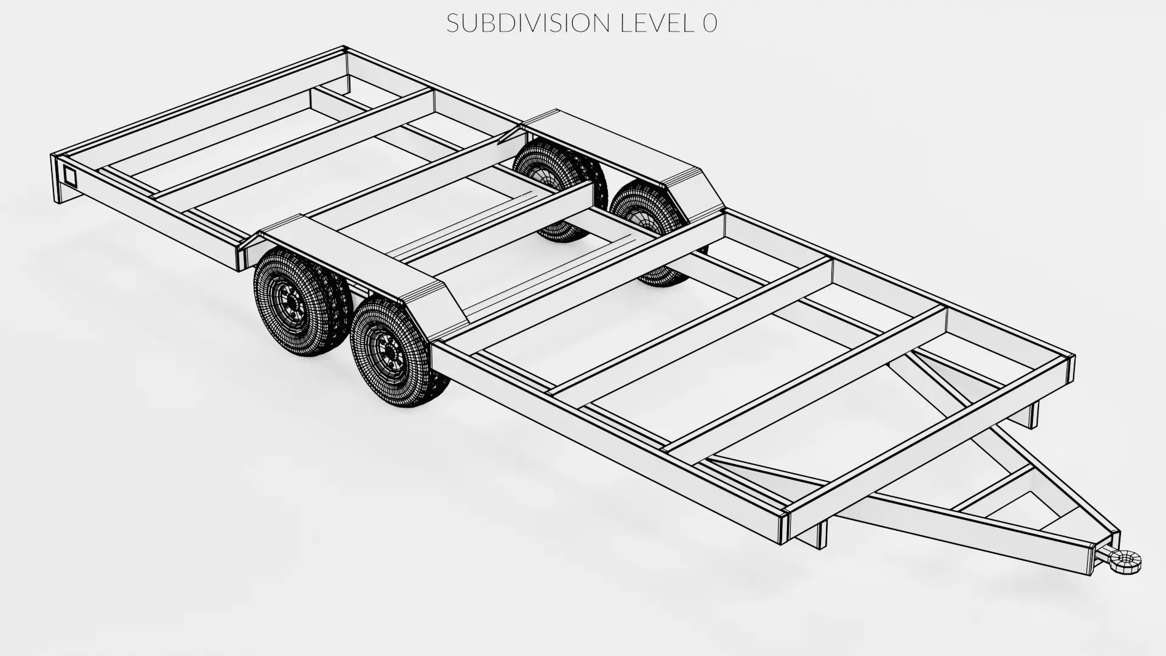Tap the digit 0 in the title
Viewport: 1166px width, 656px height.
[710, 23]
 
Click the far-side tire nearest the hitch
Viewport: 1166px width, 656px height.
[647, 213]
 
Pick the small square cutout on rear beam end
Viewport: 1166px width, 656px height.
[69, 176]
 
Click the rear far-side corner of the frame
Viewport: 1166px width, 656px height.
[344, 51]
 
